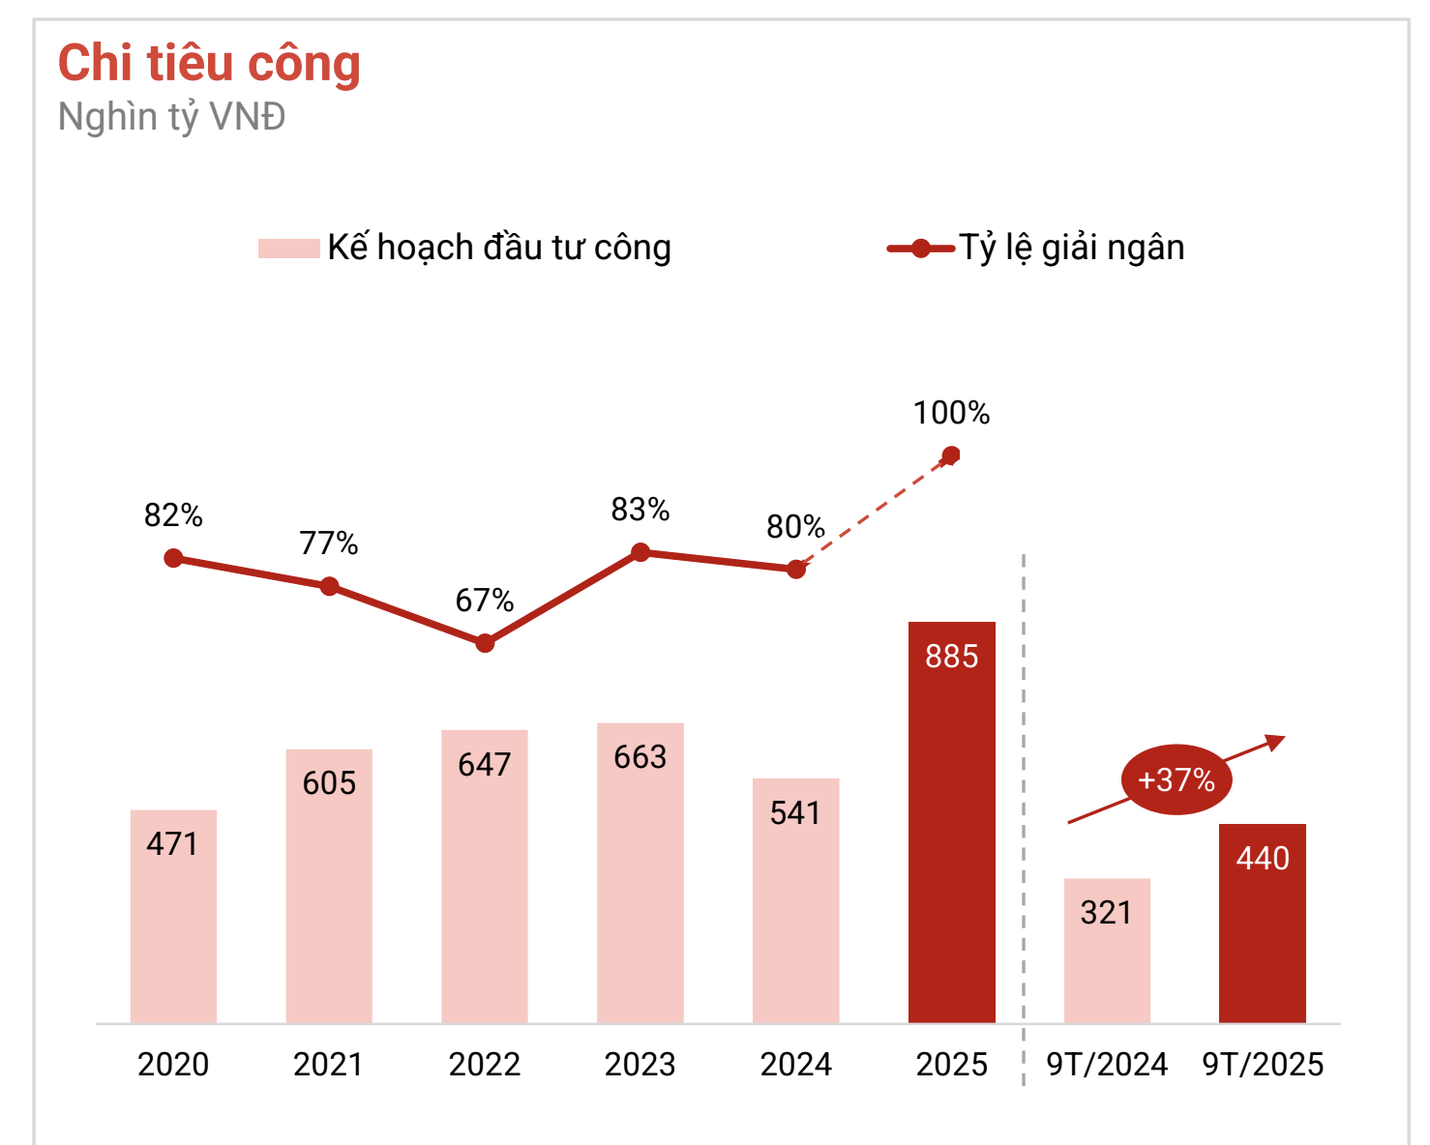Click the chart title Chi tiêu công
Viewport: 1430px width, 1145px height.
tap(209, 64)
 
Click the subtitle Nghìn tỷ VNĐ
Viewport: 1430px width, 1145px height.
tap(171, 117)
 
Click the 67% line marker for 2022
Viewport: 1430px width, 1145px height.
tap(485, 643)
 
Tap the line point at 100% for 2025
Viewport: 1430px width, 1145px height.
tap(951, 455)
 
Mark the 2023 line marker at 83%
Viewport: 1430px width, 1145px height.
tap(641, 552)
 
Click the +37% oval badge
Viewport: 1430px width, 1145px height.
tap(1177, 779)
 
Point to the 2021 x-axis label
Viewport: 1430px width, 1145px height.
tap(329, 1065)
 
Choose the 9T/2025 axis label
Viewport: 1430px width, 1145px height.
tap(1262, 1065)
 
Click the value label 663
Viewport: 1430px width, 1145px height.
tap(641, 757)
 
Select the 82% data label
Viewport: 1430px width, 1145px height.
tap(173, 515)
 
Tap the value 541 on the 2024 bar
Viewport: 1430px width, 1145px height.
tap(795, 813)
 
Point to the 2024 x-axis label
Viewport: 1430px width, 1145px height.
tap(795, 1065)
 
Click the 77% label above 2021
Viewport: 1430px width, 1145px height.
tap(329, 543)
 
